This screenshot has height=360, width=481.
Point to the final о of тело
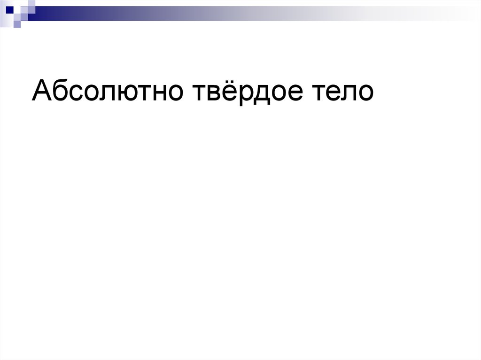point(365,92)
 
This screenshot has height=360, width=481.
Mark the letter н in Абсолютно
point(161,92)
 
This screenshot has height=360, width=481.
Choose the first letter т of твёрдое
point(196,92)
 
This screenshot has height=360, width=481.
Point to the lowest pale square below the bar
point(17,24)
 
